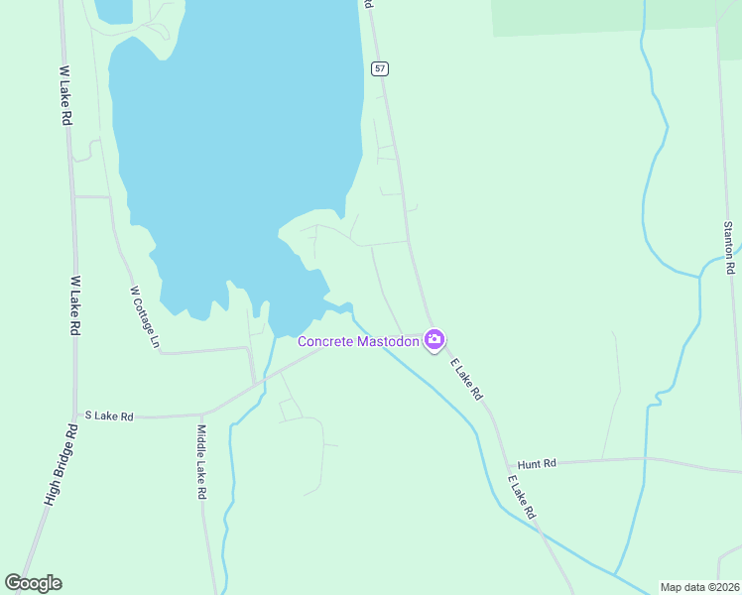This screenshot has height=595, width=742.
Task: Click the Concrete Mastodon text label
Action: click(358, 341)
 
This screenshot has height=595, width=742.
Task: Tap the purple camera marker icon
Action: click(433, 340)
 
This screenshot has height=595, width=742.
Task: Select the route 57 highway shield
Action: click(381, 68)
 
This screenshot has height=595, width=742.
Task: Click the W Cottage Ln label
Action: click(144, 316)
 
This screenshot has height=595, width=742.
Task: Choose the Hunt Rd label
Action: click(536, 463)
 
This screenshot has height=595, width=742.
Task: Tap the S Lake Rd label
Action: click(109, 416)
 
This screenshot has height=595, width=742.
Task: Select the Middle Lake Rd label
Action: click(201, 461)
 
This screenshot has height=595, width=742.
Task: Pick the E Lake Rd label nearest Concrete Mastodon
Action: click(466, 379)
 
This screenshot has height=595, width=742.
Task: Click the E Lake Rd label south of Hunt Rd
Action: click(522, 498)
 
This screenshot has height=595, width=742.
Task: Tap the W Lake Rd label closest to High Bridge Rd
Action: click(73, 304)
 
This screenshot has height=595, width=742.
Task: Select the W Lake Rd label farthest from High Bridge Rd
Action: click(65, 96)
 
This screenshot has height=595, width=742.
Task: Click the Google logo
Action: click(33, 583)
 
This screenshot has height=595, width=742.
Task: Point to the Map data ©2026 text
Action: click(699, 587)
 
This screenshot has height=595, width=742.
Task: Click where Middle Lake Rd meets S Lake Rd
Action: click(202, 415)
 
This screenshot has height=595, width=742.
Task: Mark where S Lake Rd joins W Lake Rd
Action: click(77, 417)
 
